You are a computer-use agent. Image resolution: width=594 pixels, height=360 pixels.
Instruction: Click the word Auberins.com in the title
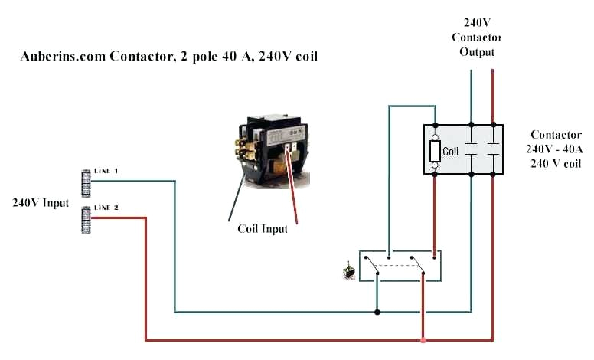point(60,57)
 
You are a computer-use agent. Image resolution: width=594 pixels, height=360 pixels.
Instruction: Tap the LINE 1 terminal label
point(106,171)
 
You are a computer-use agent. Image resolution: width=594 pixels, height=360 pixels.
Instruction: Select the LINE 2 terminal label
point(106,208)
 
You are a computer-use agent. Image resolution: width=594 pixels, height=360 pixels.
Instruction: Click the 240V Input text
point(40,203)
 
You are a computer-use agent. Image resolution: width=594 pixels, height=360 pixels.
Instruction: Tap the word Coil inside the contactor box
point(451,152)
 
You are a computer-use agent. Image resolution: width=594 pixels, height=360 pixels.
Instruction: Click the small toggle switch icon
point(349,270)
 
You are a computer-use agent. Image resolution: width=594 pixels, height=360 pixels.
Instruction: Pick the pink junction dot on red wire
point(423,340)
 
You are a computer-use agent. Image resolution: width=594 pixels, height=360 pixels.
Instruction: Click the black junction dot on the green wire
point(377,312)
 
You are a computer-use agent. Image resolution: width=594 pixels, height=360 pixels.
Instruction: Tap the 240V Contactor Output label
point(476,38)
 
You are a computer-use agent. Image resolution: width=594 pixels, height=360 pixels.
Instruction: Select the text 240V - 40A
point(554,149)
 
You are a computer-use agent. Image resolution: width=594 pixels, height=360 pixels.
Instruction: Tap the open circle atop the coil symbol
point(435,136)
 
